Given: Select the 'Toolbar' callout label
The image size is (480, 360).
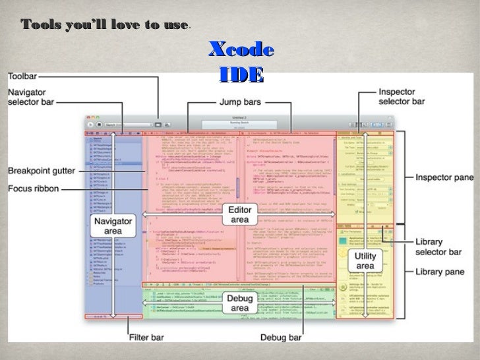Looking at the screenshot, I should pyautogui.click(x=23, y=76).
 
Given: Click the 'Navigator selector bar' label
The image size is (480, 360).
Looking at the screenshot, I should pyautogui.click(x=30, y=97).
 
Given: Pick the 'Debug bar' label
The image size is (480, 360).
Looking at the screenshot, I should pyautogui.click(x=282, y=338).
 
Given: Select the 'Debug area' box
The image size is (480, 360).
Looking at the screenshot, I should pyautogui.click(x=239, y=303).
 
